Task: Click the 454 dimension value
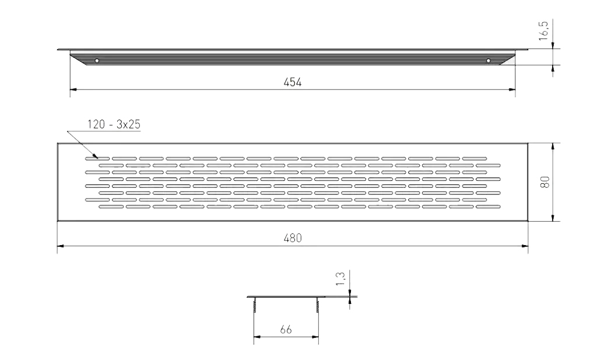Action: tap(293, 82)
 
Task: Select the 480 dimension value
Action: tap(293, 238)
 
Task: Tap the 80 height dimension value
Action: tap(545, 182)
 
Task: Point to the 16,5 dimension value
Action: tap(543, 31)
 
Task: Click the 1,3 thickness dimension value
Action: tap(340, 278)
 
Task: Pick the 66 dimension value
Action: tap(286, 330)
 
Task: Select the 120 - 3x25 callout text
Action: tap(114, 125)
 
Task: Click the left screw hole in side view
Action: tap(97, 61)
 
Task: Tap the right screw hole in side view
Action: tap(489, 61)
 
